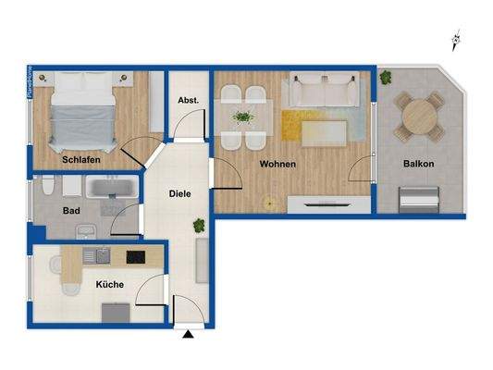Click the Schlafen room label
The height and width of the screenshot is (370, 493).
point(81,159)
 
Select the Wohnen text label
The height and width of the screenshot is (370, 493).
point(277,165)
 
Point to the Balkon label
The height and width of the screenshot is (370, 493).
point(418,165)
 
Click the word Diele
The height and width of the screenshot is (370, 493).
point(179,194)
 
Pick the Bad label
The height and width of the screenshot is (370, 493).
point(71,211)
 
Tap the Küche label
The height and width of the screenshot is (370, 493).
point(109,285)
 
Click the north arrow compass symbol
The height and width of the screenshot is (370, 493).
point(455,41)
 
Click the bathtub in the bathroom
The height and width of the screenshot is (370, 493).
point(112,190)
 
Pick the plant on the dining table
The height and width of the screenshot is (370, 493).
point(243,117)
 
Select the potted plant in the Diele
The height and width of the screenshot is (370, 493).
point(198,226)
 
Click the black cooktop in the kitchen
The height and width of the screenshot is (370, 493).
point(135,257)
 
